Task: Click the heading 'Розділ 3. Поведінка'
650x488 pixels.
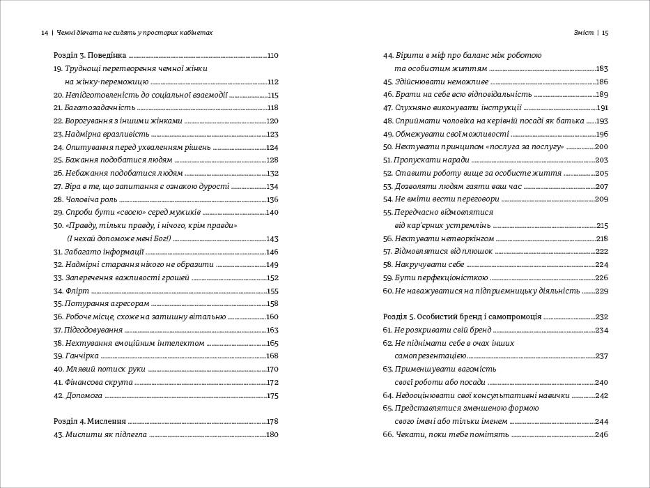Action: (90, 55)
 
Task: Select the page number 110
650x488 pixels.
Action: (272, 55)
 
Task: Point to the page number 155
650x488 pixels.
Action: (272, 291)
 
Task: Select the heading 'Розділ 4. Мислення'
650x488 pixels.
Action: (89, 421)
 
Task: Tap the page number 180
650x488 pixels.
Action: (272, 434)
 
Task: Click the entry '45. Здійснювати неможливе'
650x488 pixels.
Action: (433, 82)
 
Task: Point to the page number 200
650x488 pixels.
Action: (602, 146)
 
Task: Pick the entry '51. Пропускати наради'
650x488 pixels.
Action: (424, 160)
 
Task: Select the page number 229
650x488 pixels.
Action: (602, 291)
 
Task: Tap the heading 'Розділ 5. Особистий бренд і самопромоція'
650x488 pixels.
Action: (463, 317)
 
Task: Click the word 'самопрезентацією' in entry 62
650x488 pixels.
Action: (430, 356)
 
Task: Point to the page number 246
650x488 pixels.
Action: (602, 434)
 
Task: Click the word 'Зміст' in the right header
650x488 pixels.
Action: (583, 33)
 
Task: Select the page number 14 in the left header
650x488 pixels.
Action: (45, 33)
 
